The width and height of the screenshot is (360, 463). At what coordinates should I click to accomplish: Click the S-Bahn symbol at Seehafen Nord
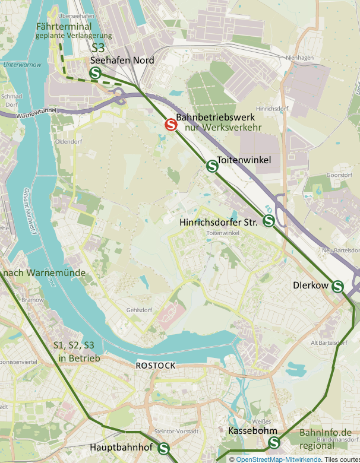tap(95, 73)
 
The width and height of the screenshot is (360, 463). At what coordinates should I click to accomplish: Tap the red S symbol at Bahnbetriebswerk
tap(170, 125)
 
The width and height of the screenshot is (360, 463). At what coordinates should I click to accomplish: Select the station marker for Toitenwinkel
tap(211, 166)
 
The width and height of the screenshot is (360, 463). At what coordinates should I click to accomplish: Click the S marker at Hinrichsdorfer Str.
tap(268, 221)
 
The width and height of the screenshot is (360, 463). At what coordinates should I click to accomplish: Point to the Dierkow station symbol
tap(338, 286)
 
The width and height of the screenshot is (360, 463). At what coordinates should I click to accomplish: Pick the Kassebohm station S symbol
tap(274, 442)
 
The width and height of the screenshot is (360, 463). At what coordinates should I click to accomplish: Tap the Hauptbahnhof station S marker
tap(163, 449)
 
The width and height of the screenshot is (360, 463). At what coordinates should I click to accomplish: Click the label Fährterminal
tap(63, 27)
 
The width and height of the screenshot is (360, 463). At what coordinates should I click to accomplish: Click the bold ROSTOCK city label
tap(156, 366)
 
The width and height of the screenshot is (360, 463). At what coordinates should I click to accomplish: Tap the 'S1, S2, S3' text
tap(74, 345)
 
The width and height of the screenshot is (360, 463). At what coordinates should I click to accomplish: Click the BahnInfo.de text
tap(326, 433)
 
